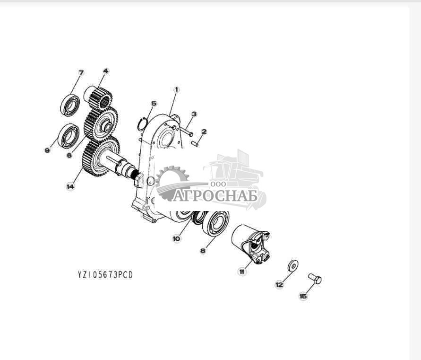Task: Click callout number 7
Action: [81, 72]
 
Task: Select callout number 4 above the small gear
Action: [105, 71]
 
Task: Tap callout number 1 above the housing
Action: [177, 89]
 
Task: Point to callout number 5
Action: [154, 103]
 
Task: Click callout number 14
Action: [70, 187]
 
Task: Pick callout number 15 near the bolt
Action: [303, 296]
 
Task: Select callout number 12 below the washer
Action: [279, 284]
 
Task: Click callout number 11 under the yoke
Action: [242, 272]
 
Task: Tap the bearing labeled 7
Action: [70, 105]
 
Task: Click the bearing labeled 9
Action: [68, 135]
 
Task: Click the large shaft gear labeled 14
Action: [101, 157]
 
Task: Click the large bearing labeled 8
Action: [216, 224]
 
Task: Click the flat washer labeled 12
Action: [292, 265]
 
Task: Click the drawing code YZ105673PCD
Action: [105, 275]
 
